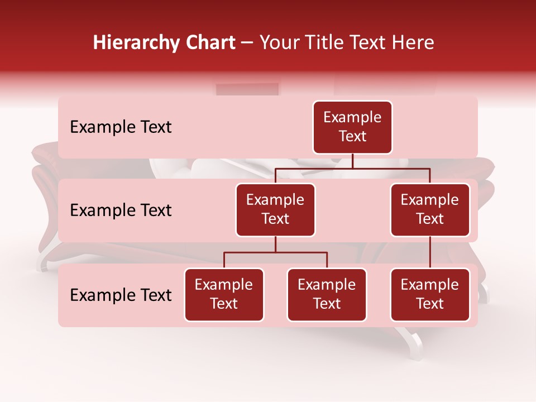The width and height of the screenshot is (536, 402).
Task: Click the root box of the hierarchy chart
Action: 352,127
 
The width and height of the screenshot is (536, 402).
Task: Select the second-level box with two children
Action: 275,210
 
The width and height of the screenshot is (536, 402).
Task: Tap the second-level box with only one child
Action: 430,210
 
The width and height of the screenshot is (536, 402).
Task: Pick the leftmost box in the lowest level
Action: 224,295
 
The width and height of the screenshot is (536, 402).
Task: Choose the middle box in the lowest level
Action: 327,295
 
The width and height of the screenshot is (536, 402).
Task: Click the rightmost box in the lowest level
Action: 430,295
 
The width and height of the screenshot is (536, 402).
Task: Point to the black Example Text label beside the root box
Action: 121,127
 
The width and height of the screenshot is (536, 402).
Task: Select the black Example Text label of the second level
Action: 121,210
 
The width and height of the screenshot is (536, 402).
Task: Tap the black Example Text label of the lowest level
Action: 121,295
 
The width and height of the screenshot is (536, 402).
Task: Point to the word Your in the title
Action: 280,42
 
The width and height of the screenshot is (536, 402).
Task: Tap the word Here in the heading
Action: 413,42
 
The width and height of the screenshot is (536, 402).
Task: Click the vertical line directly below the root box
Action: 352,161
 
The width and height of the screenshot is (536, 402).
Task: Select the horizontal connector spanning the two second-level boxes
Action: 352,167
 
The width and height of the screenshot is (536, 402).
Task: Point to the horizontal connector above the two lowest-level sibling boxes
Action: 275,252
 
